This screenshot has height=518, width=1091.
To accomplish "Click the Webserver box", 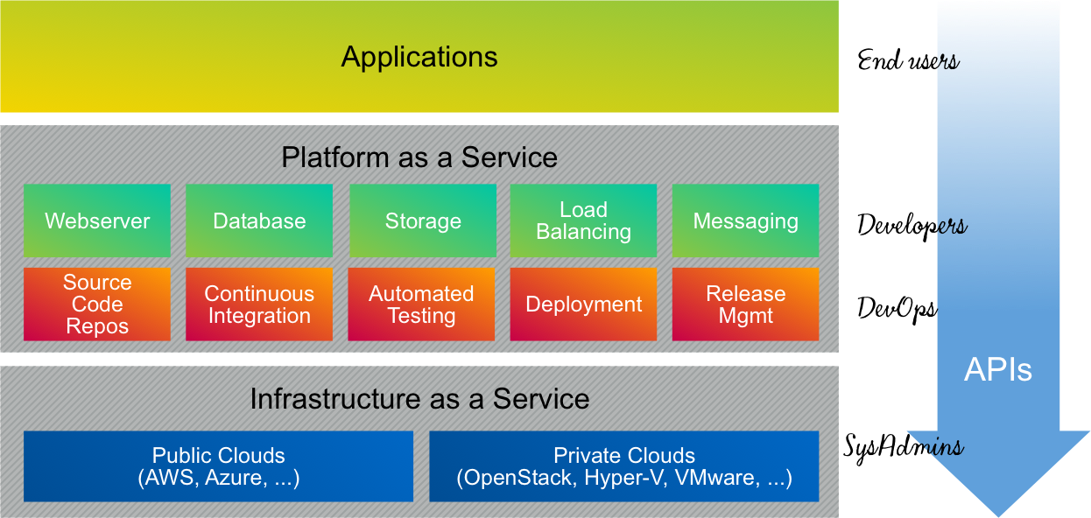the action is click(97, 220).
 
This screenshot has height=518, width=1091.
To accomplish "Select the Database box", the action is click(259, 220).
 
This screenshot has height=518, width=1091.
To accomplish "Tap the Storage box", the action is click(423, 220).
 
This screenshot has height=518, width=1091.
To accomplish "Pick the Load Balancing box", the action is click(583, 220).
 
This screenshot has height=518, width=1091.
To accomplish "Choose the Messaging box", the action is click(746, 220).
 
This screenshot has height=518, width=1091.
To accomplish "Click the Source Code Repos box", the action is click(97, 304).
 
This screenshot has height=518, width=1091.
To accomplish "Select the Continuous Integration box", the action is click(259, 304).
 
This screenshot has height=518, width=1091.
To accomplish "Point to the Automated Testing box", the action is click(421, 304).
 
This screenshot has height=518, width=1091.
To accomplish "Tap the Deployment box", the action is click(583, 304).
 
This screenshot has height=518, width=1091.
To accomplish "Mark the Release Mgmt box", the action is click(746, 304).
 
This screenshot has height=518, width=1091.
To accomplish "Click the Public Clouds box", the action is click(218, 466).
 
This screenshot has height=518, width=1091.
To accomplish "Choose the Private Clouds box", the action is click(624, 466).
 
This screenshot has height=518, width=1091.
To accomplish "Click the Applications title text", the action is click(419, 58).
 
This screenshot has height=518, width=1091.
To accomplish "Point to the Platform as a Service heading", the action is click(419, 157).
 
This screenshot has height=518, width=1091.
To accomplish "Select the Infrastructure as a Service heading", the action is click(419, 399).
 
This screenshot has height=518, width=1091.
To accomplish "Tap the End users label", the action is click(909, 60).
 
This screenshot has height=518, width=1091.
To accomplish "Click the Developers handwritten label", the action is click(912, 226).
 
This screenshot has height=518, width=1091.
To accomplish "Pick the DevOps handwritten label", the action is click(897, 309).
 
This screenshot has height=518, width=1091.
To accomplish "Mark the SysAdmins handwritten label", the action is click(904, 448).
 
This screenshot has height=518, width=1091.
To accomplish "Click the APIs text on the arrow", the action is click(998, 369).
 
